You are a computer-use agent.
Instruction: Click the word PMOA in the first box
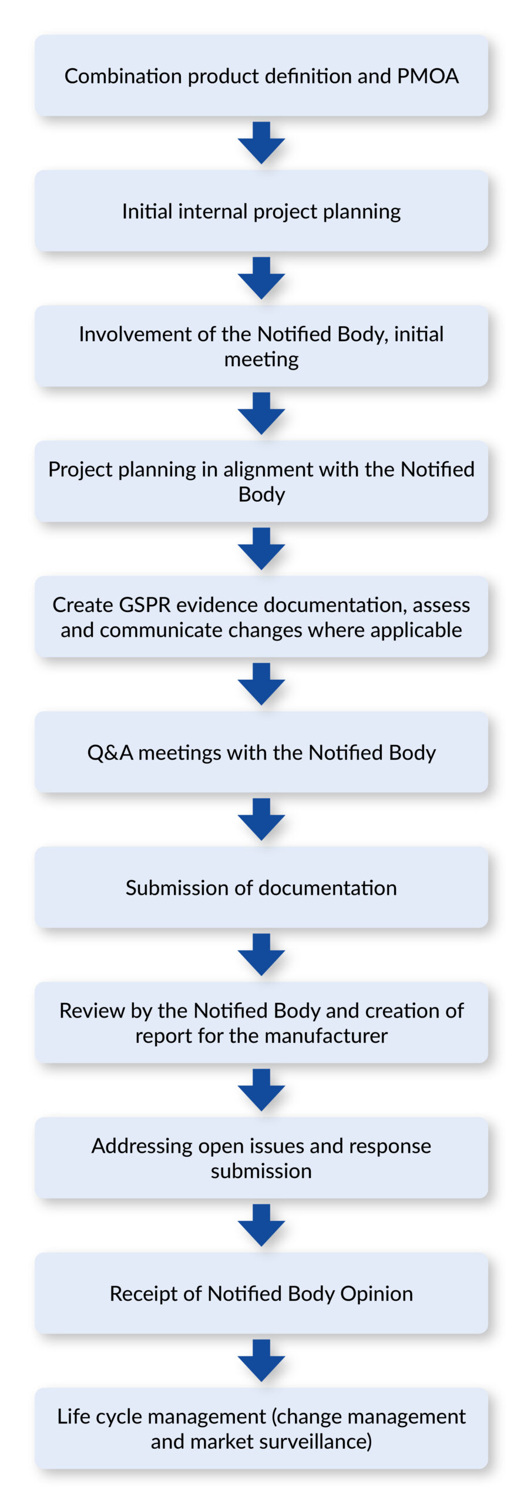(x=428, y=76)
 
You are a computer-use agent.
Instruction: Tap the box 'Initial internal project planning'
(x=261, y=211)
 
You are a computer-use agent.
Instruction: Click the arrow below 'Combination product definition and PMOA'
(x=261, y=142)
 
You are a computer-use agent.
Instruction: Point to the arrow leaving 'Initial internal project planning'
(x=261, y=277)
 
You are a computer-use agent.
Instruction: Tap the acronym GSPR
(x=145, y=605)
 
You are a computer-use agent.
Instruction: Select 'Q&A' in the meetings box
(x=110, y=753)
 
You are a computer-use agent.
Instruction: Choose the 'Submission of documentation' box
(x=261, y=887)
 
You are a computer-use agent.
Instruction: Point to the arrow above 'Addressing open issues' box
(x=261, y=1089)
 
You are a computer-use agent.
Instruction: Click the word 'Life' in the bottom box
(x=73, y=1416)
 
